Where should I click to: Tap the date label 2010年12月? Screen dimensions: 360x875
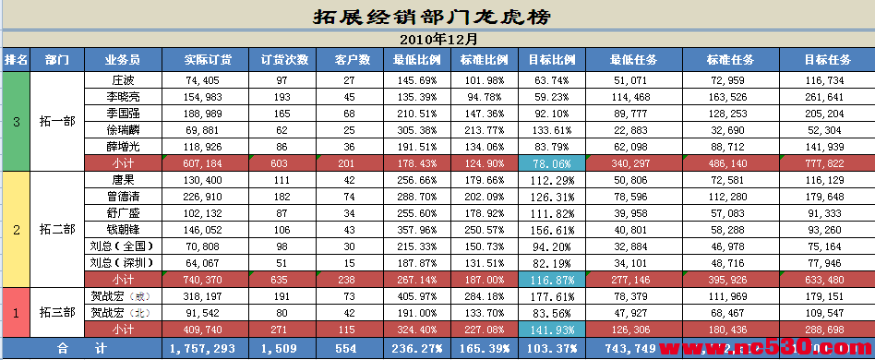coord(438,40)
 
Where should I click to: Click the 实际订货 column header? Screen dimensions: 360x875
coord(208,60)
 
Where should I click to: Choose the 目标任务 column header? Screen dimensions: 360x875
coord(826,60)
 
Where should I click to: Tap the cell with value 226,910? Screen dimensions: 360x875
coord(203,196)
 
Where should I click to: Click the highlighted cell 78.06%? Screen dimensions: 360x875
coord(551,162)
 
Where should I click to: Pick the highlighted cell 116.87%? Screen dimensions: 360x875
coord(551,279)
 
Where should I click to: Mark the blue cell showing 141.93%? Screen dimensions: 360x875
coord(551,329)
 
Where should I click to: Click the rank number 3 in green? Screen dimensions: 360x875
coord(16,121)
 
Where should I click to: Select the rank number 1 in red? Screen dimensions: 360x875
coord(16,312)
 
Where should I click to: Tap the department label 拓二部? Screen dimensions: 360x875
coord(57,229)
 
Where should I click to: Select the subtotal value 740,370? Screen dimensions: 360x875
coord(203,279)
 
